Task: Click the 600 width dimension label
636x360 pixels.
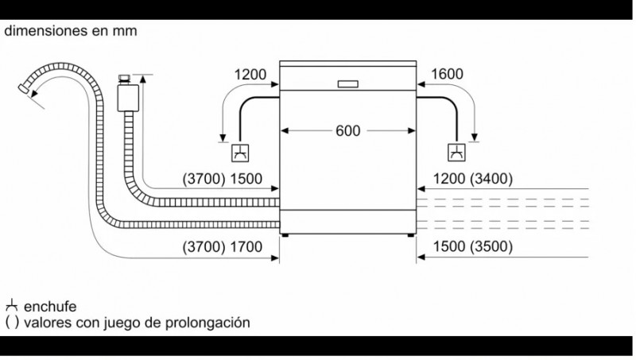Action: [347, 130]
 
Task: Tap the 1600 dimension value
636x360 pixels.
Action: [447, 74]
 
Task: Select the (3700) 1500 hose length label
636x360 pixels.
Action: [223, 179]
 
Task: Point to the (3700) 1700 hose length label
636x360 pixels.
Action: [223, 246]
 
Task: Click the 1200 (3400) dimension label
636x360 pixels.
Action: [473, 178]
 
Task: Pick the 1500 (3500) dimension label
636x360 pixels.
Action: [473, 246]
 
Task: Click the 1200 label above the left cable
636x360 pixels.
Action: [250, 75]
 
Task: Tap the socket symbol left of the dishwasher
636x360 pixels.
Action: [240, 153]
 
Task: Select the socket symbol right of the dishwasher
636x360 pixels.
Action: [456, 153]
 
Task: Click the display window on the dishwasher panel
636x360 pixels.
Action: [348, 84]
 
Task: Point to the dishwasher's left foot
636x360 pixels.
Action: [285, 235]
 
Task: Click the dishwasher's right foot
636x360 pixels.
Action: [411, 235]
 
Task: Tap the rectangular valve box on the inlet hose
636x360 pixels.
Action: [128, 98]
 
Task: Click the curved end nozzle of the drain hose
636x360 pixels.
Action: [24, 88]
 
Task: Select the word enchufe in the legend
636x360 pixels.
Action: [50, 307]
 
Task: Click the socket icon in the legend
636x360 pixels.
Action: [12, 305]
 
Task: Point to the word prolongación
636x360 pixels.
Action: [207, 323]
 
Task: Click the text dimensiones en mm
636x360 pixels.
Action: [71, 31]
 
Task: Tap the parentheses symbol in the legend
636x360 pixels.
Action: [12, 323]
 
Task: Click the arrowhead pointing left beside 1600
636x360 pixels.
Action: [421, 84]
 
